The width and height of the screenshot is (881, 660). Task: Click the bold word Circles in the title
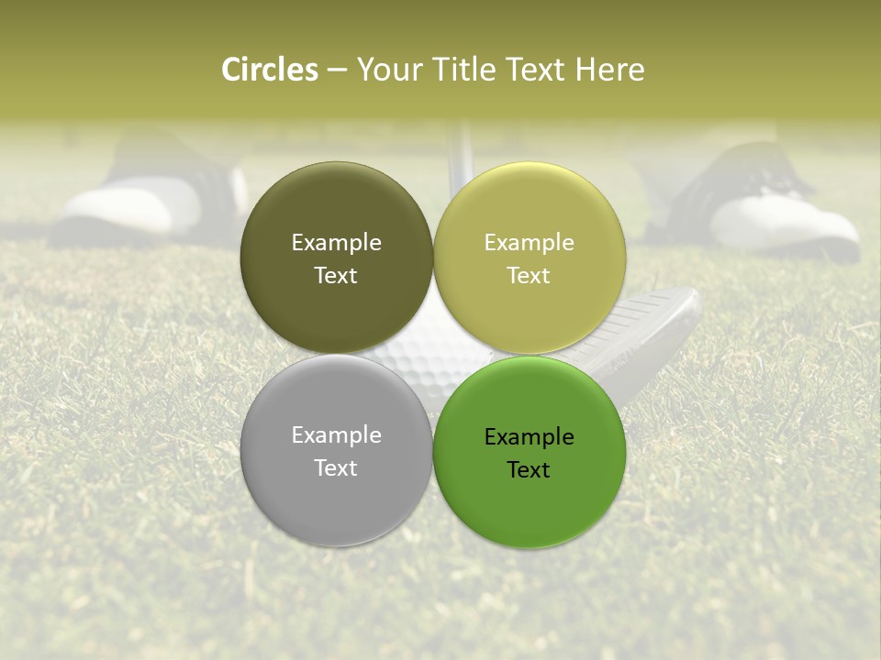[270, 70]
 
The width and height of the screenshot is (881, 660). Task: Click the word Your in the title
[386, 70]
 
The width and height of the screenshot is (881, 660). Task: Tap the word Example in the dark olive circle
[336, 242]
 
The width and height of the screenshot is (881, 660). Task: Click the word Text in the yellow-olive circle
[529, 275]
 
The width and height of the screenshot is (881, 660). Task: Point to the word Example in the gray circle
[336, 434]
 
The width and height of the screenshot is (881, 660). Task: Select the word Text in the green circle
[529, 469]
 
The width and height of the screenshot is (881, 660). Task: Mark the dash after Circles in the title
[336, 70]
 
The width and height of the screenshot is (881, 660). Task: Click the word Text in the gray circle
[336, 467]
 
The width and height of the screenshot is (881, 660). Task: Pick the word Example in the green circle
[529, 436]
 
